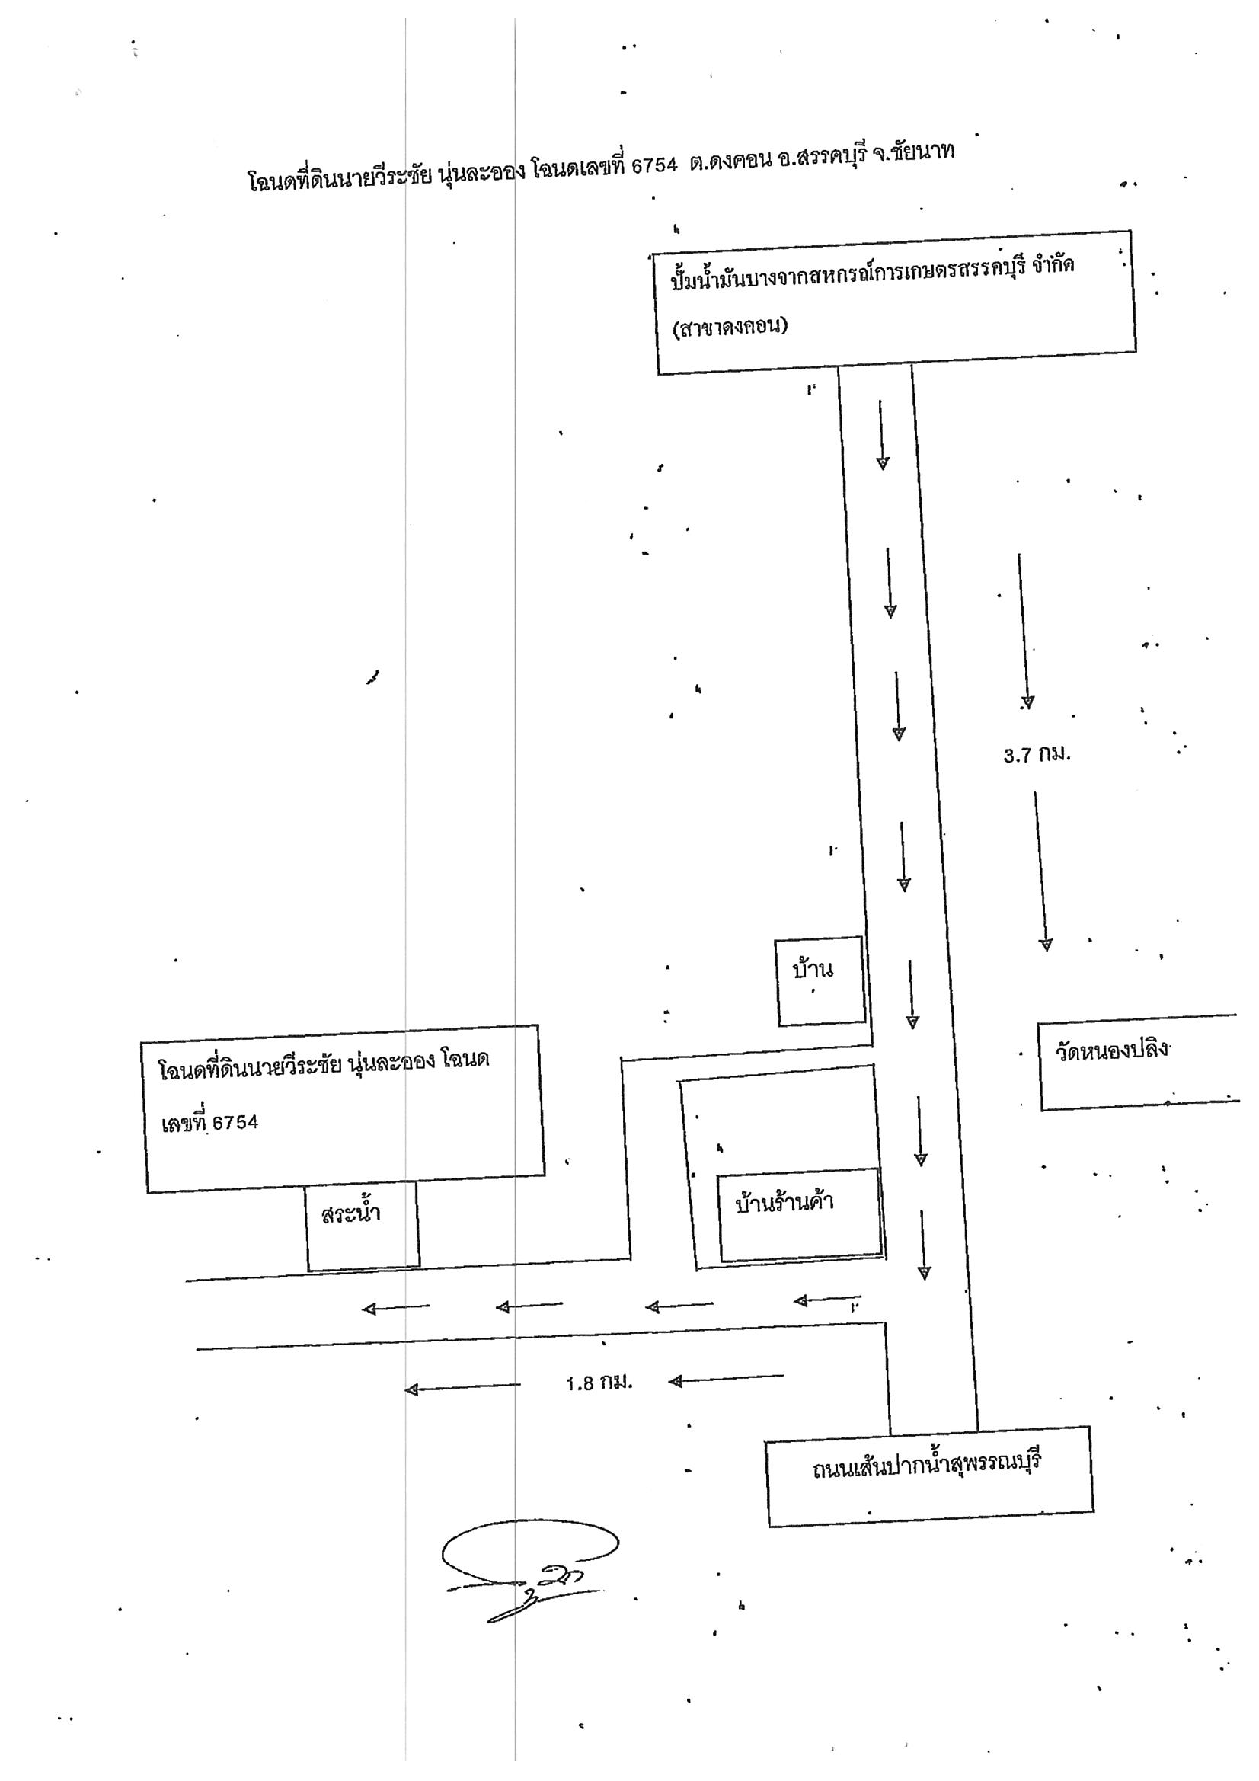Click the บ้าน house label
click(x=812, y=969)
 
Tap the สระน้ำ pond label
click(x=350, y=1213)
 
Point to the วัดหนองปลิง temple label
click(x=1111, y=1050)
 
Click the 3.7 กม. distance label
click(x=1037, y=754)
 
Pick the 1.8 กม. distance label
click(x=599, y=1383)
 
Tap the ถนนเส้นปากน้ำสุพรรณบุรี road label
click(x=926, y=1466)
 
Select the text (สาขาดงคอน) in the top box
click(x=730, y=328)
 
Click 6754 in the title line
click(x=654, y=165)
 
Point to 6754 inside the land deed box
click(x=235, y=1122)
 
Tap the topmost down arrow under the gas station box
click(x=881, y=435)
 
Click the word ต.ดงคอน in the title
click(x=730, y=161)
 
